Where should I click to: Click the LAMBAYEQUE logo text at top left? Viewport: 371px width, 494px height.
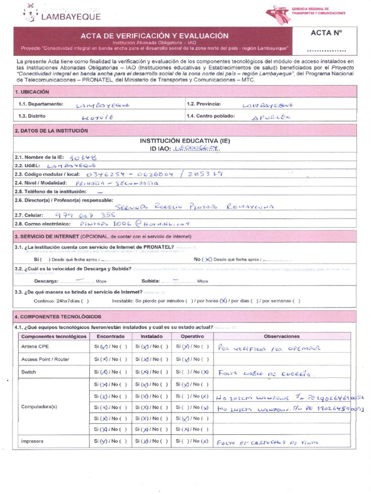click(71, 17)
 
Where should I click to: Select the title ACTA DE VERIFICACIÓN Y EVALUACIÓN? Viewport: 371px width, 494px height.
click(154, 36)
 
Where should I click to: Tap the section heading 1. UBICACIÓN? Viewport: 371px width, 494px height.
click(32, 92)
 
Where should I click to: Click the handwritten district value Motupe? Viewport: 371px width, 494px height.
click(98, 117)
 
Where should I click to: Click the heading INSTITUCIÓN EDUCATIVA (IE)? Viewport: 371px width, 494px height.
click(185, 141)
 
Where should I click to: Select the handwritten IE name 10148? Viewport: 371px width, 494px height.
click(83, 157)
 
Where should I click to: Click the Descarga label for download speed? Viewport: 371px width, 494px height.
click(46, 281)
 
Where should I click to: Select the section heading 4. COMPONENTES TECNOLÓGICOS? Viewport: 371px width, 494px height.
click(58, 316)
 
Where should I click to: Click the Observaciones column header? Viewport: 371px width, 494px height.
click(282, 336)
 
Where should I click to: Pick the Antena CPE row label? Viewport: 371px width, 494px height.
click(35, 346)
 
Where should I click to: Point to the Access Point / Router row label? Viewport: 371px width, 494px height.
click(45, 359)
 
